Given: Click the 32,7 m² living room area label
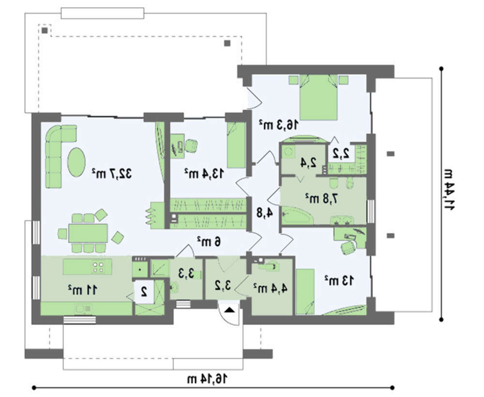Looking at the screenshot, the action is [x=111, y=174].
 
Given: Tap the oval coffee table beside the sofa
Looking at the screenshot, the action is [x=76, y=162].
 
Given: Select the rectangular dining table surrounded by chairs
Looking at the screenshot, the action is [x=88, y=233].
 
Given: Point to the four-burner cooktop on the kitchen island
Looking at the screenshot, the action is [x=98, y=267].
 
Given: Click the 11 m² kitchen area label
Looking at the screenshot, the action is [x=82, y=289].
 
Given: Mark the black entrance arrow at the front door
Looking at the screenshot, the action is [x=229, y=310].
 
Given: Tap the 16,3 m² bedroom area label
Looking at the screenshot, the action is [x=279, y=125].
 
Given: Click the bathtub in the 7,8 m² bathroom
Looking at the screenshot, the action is [x=297, y=215].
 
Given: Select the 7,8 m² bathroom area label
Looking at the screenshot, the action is [x=321, y=198].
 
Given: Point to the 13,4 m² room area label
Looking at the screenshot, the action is [x=203, y=173].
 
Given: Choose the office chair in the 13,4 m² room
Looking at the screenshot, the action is [x=191, y=145].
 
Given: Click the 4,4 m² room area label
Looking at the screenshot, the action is [x=271, y=288].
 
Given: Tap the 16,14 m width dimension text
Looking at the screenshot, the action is [x=207, y=379].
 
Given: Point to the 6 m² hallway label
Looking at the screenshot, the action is [x=209, y=241].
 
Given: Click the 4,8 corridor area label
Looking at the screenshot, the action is [x=265, y=213].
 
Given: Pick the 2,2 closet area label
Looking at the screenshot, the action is [x=341, y=153].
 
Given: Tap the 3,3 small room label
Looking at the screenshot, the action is [x=186, y=272].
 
